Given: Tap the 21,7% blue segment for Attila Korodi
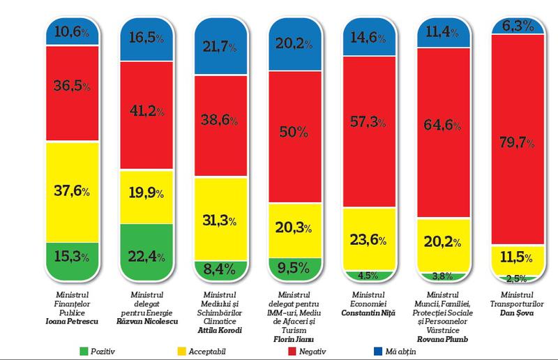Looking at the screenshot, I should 216,46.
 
